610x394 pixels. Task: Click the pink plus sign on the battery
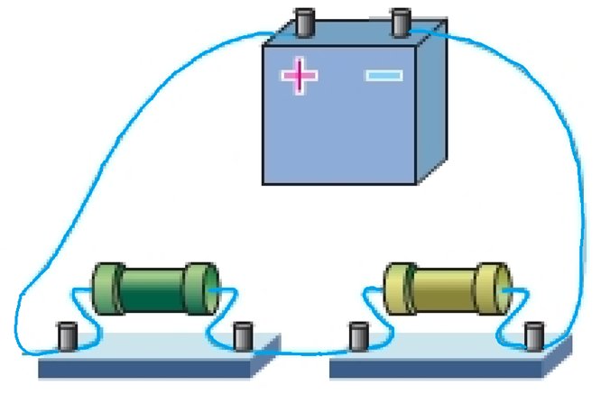(300, 75)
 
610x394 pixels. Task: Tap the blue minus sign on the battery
(384, 76)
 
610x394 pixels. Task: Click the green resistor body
(152, 289)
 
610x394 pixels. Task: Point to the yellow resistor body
(443, 288)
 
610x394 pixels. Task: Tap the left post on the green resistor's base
(66, 335)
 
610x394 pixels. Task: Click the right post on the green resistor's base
(241, 335)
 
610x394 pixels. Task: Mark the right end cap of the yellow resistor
(494, 289)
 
